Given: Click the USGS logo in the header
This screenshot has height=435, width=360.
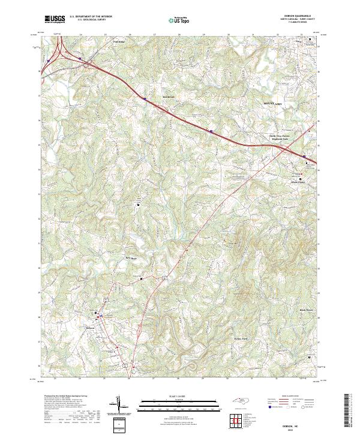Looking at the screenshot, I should tap(55, 19).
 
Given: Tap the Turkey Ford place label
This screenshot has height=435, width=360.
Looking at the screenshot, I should tap(241, 338).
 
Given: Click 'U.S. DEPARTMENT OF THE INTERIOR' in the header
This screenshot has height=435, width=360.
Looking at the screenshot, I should tap(91, 17).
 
